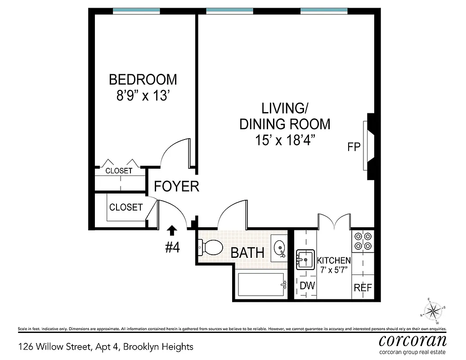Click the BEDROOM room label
tap(143, 80)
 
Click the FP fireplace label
tap(354, 147)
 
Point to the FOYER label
tap(176, 186)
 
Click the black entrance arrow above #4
tap(172, 231)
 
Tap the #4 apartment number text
tap(172, 247)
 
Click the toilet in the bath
tap(211, 247)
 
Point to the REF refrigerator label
tap(363, 288)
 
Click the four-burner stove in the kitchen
tap(363, 241)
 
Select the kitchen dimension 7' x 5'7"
tap(334, 270)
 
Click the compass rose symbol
tap(434, 310)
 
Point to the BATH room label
tap(247, 252)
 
